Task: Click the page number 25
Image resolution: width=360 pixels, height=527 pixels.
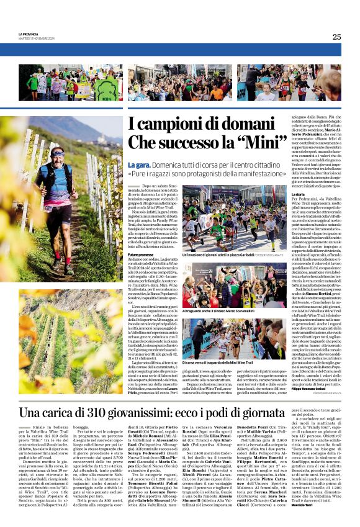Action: (x=336, y=37)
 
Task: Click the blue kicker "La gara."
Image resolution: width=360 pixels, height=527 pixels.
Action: (x=139, y=164)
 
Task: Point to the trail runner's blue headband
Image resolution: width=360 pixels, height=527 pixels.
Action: (x=57, y=151)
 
